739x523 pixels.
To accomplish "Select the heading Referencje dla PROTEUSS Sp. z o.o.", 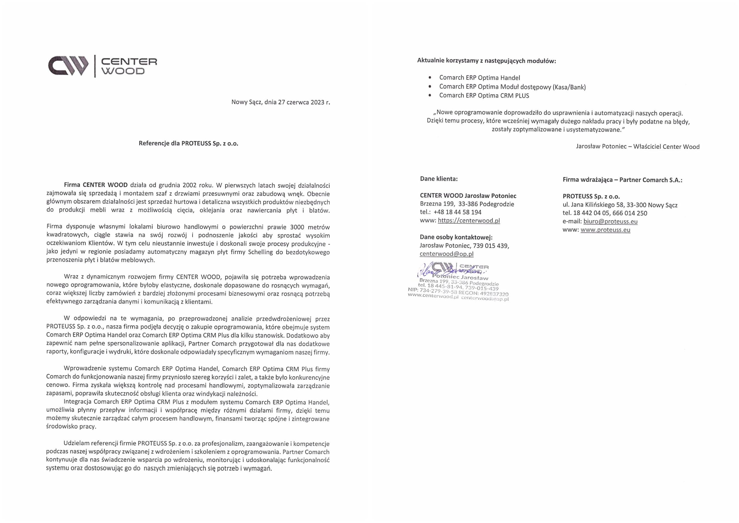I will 188,143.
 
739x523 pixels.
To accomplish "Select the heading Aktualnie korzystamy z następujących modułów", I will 486,61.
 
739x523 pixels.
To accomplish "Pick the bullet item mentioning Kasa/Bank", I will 512,87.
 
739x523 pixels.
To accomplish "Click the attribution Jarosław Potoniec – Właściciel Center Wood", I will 637,146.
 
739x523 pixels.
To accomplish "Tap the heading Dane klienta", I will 439,179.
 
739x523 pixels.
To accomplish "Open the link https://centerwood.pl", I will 469,221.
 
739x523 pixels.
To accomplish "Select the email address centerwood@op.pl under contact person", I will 446,254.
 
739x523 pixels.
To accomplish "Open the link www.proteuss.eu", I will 605,230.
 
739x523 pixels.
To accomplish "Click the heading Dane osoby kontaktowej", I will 456,238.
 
